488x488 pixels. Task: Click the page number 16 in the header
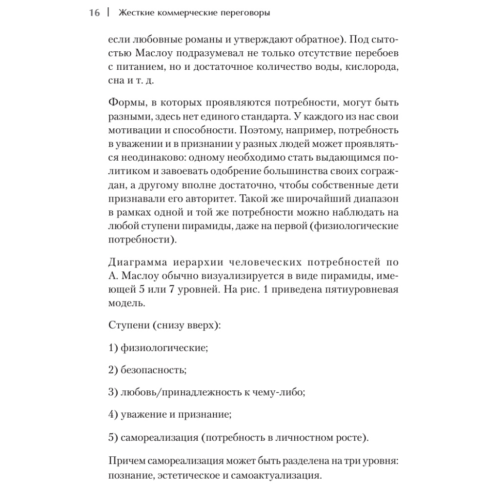[x=94, y=13]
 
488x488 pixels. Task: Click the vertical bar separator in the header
[x=108, y=13]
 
